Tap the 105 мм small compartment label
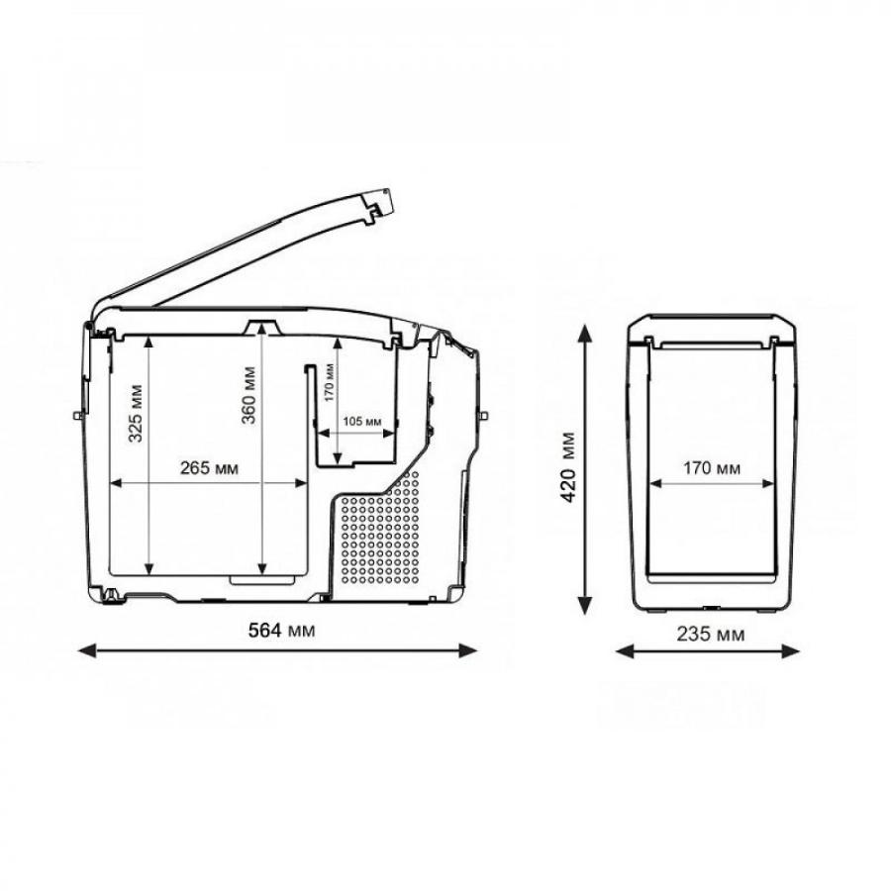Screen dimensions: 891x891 coord(361,421)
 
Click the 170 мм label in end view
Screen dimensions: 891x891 coord(712,468)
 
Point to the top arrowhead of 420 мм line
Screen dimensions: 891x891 coord(587,331)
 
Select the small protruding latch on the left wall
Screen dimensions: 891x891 coord(77,414)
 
